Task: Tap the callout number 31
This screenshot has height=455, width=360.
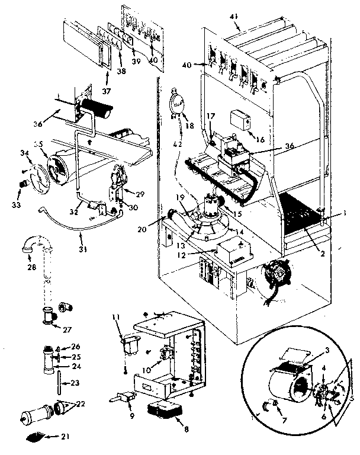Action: [x=83, y=249]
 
